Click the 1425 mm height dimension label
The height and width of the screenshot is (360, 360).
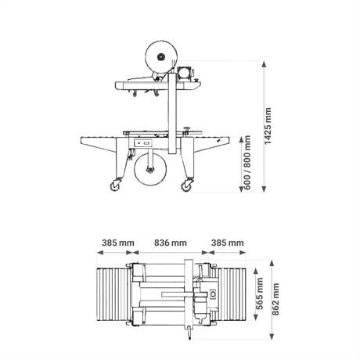point(268,126)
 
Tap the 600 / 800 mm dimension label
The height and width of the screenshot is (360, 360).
point(247,162)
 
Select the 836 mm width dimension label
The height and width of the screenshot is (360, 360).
point(171,243)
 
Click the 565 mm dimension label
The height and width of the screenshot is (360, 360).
point(260,293)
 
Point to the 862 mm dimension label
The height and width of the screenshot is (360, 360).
point(275,299)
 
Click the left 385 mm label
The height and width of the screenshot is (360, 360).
point(118,243)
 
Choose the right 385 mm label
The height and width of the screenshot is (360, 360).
point(228,243)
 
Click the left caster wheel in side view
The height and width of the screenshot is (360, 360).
point(115,185)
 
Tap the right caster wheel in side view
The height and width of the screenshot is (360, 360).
point(187,186)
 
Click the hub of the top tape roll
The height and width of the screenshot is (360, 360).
point(161,57)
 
